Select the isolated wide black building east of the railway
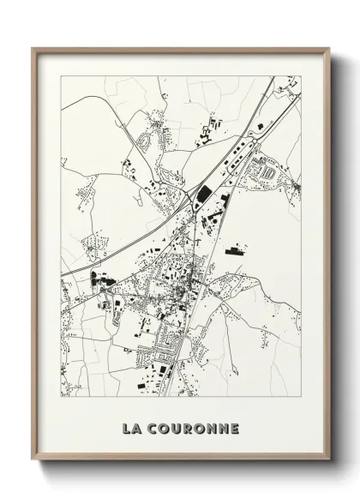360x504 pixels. pos(233,251)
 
